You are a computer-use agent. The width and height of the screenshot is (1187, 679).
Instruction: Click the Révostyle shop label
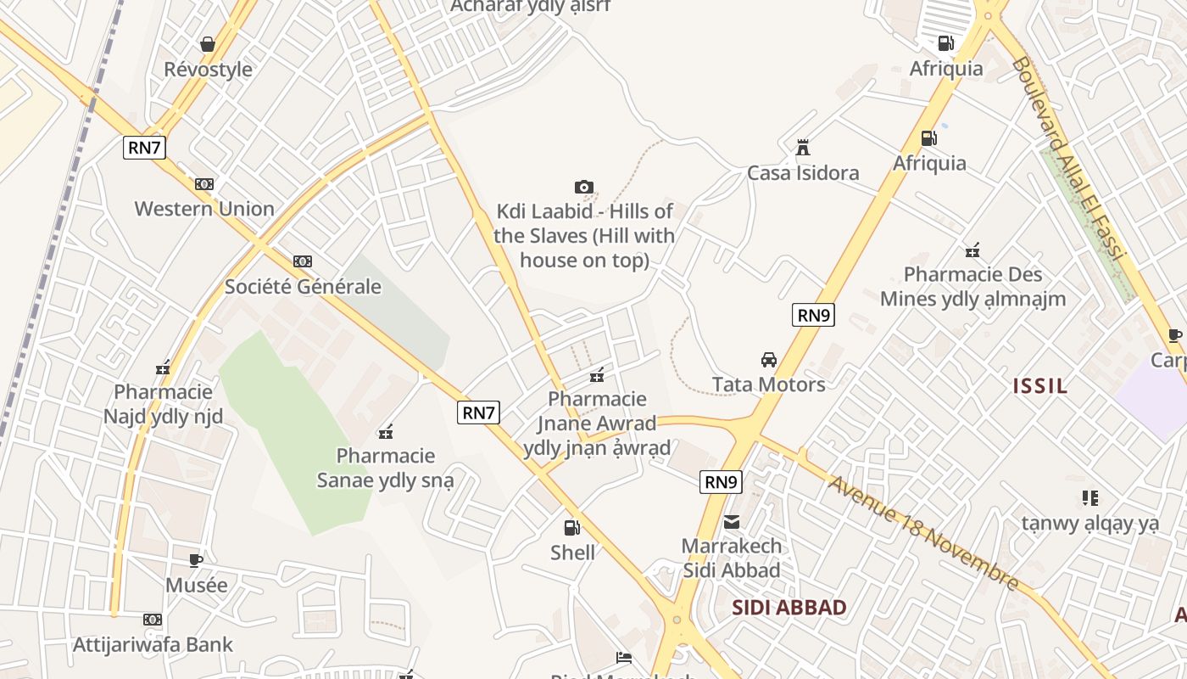tap(208, 70)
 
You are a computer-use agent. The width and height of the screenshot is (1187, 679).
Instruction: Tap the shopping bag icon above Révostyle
tap(208, 43)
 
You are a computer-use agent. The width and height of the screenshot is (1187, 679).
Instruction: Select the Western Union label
tap(204, 209)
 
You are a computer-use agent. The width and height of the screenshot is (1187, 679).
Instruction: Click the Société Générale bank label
tap(303, 287)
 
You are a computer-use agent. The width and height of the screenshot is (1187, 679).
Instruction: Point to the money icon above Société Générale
tap(303, 261)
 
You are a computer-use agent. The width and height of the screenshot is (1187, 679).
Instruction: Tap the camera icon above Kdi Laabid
tap(583, 187)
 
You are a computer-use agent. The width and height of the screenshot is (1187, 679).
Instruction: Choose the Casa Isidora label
tap(803, 173)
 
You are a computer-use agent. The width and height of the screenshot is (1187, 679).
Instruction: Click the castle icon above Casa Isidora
tap(802, 148)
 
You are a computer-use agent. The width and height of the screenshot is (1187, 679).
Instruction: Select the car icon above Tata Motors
tap(769, 359)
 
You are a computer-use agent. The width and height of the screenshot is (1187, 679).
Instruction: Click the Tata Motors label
tap(769, 384)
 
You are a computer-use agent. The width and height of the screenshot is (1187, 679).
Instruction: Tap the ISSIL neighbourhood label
tap(1040, 386)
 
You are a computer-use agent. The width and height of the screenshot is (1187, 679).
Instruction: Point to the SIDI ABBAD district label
tap(789, 608)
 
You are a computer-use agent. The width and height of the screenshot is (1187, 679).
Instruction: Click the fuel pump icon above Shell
tap(572, 527)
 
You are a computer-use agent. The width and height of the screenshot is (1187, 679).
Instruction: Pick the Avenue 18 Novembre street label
tap(922, 532)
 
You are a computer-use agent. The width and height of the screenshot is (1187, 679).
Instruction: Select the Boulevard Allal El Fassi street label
tap(1068, 157)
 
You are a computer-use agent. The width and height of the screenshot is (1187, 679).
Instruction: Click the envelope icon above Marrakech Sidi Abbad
tap(732, 521)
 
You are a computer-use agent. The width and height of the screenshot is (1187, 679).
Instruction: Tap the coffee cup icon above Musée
tap(196, 560)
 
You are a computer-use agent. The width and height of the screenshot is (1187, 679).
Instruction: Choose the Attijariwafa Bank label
tap(153, 645)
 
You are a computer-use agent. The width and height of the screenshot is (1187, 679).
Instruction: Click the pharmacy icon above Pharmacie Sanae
tap(386, 431)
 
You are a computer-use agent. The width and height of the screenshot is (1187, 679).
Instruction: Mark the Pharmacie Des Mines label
tap(972, 287)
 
